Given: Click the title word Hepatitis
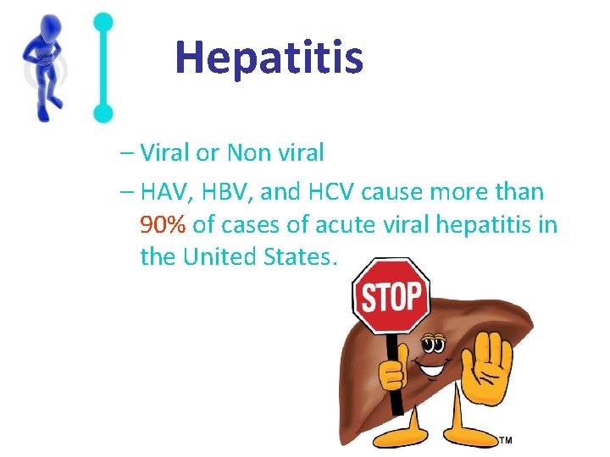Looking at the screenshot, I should [x=269, y=58].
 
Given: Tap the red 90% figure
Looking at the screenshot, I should [x=164, y=224].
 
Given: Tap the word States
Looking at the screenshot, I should [x=304, y=256].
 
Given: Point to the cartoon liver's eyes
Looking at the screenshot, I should [x=434, y=344].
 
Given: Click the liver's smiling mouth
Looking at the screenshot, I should [x=435, y=370].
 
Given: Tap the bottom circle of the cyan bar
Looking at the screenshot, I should [x=103, y=112].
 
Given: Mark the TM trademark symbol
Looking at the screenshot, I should [x=505, y=440].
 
